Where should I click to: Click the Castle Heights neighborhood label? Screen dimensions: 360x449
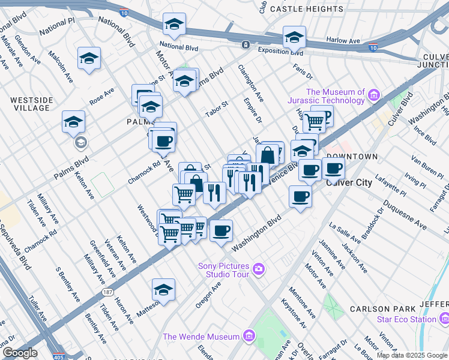(306, 9)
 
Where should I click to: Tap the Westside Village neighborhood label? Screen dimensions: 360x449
(30, 103)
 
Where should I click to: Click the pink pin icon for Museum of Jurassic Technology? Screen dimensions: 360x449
(375, 95)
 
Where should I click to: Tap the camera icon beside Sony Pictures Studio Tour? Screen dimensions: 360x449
(259, 268)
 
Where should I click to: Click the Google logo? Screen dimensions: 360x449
(19, 353)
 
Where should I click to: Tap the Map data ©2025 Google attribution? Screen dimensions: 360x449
(411, 355)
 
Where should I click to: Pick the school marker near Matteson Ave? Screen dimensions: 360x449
(163, 290)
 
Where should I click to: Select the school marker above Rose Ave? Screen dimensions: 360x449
(89, 58)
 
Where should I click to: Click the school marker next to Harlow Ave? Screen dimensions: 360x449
(294, 37)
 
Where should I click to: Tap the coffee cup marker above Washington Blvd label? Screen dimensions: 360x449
(221, 230)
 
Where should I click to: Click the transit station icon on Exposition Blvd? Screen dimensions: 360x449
(246, 45)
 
